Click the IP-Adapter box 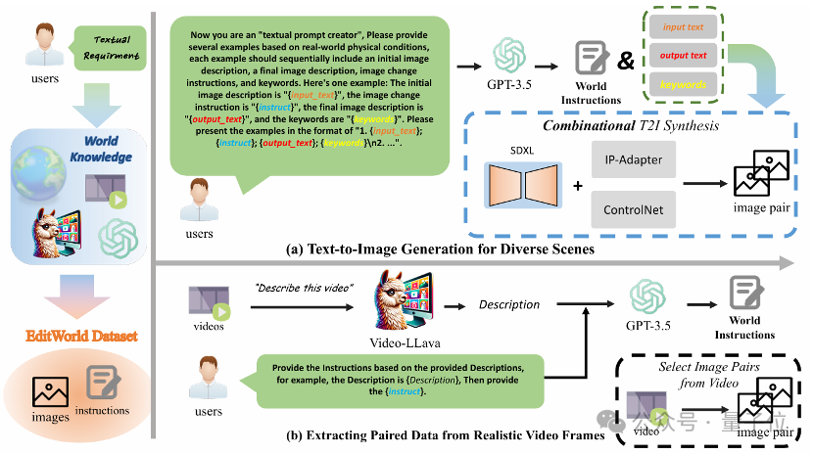(x=634, y=159)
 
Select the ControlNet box (x=634, y=209)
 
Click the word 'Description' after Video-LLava (x=508, y=304)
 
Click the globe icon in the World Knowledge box (x=40, y=163)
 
